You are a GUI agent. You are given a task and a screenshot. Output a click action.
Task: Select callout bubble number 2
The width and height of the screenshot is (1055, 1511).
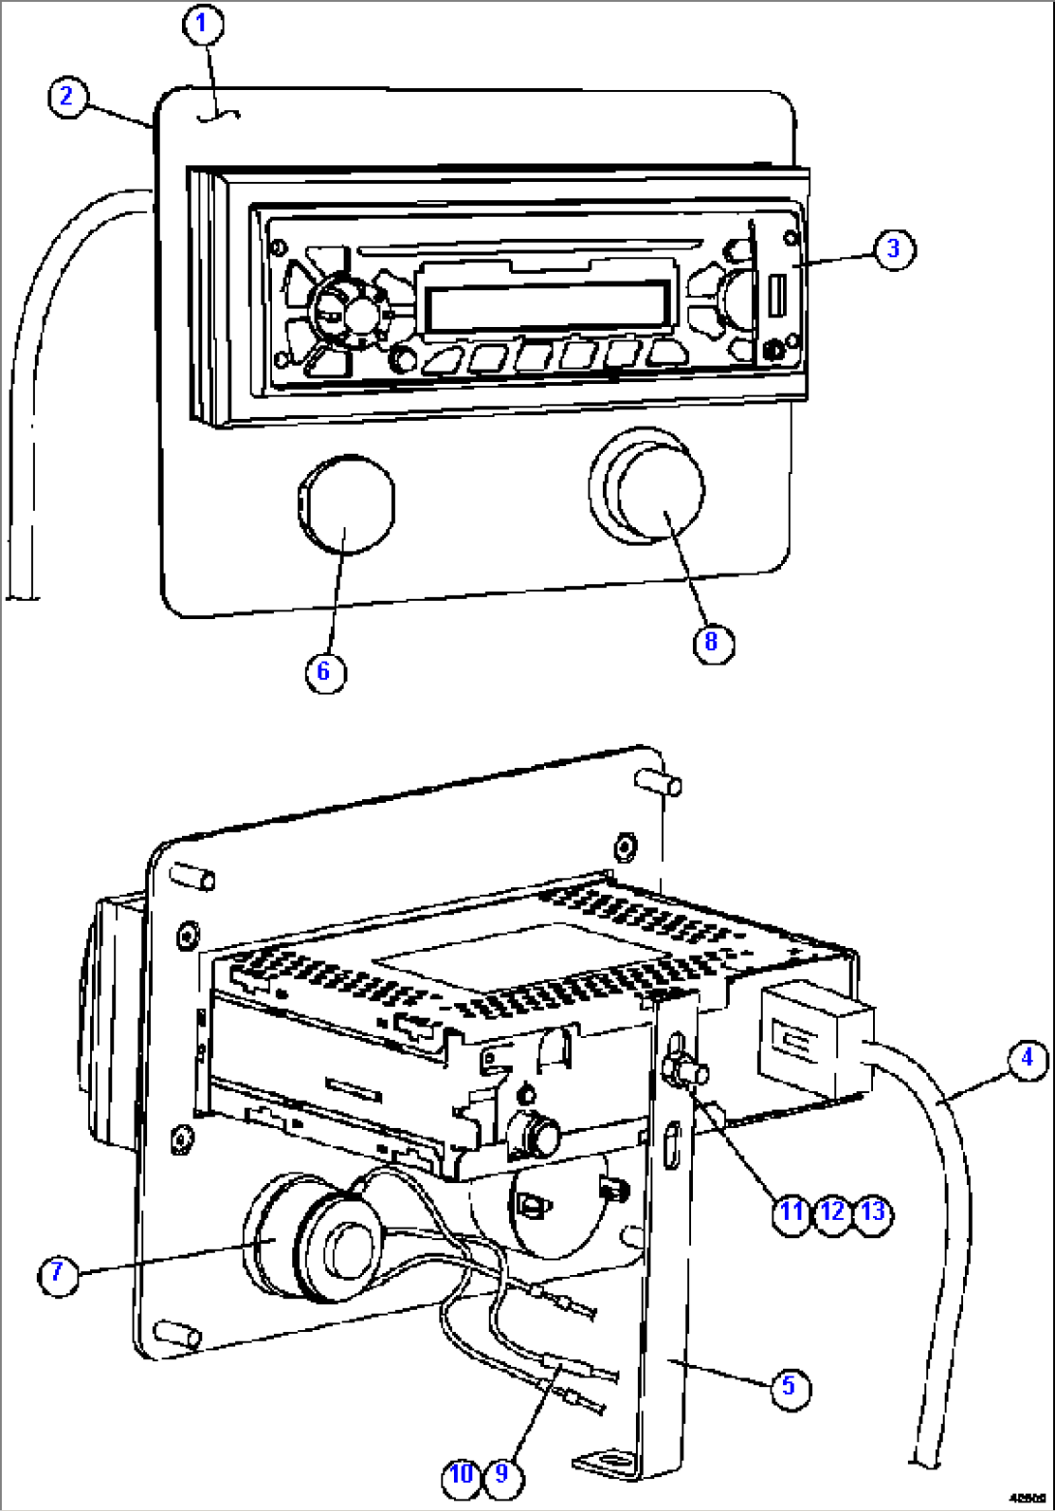click(66, 96)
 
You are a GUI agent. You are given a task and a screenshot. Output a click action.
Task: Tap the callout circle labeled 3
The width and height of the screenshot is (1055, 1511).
click(892, 249)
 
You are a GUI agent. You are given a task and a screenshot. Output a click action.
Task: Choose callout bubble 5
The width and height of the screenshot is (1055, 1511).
click(788, 1385)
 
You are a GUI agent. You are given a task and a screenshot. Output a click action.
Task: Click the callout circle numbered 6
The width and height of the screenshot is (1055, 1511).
click(324, 671)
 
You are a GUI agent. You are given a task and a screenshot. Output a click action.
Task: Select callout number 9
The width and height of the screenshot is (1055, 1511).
click(502, 1473)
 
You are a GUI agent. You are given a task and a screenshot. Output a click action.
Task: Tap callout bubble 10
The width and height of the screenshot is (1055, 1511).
click(462, 1473)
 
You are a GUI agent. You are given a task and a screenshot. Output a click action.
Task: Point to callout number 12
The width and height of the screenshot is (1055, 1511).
click(832, 1209)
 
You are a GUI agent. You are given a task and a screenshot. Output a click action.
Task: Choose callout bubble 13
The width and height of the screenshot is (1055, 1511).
click(872, 1209)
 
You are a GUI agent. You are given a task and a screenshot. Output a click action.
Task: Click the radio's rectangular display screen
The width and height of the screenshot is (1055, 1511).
click(547, 307)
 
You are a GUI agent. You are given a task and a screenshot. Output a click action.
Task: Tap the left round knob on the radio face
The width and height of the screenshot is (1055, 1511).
click(345, 311)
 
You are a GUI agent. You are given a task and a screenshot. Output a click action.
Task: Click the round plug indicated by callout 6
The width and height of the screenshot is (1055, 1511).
click(345, 506)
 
